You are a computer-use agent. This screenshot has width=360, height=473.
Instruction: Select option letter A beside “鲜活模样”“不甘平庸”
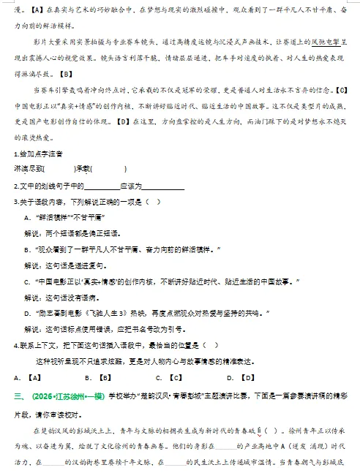pos(27,217)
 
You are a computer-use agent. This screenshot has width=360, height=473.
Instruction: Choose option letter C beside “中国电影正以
pos(27,281)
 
